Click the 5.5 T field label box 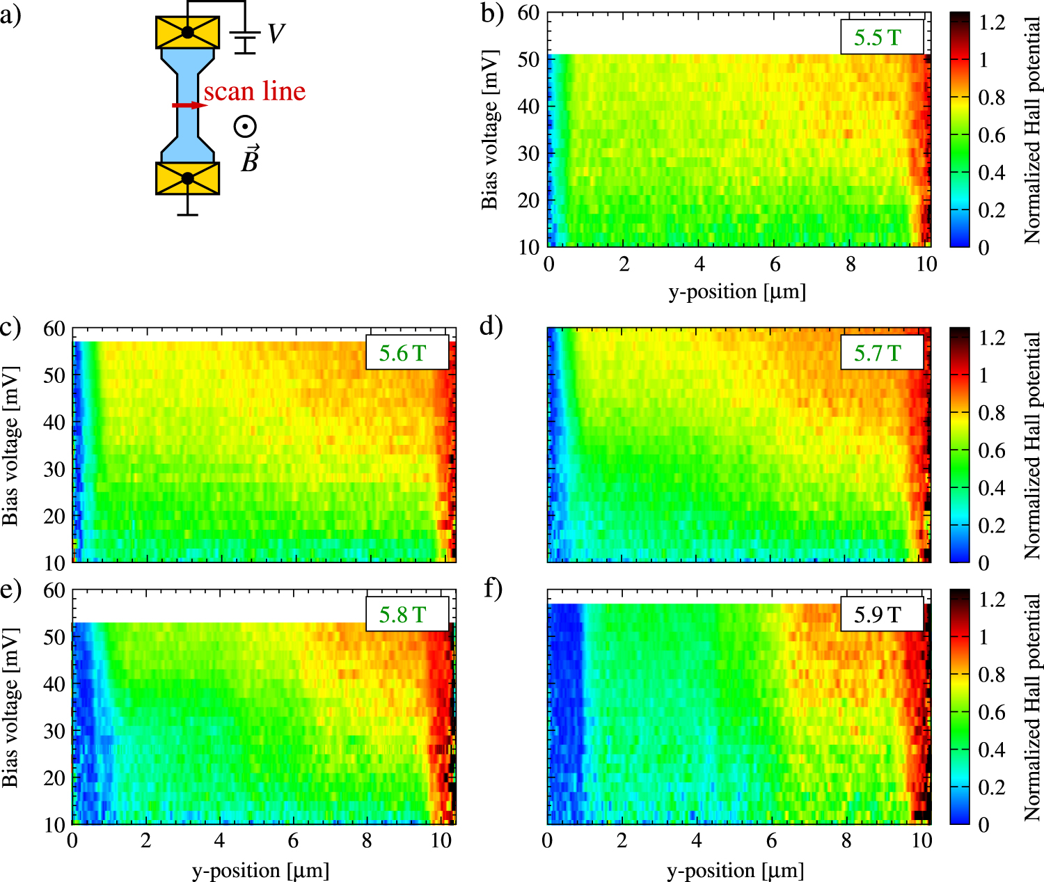pos(882,37)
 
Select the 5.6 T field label pos(407,352)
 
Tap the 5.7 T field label pos(882,352)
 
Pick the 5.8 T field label pos(407,614)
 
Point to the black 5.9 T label pos(882,614)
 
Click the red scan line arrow pos(189,105)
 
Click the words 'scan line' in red pos(255,91)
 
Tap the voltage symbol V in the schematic pos(276,34)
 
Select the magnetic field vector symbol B pos(249,159)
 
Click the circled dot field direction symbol pos(245,127)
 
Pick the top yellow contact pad pos(187,33)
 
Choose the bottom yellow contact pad pos(187,178)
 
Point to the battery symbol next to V pos(245,42)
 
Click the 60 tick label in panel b pos(528,13)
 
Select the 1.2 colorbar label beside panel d pos(992,338)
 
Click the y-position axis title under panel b pos(737,291)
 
